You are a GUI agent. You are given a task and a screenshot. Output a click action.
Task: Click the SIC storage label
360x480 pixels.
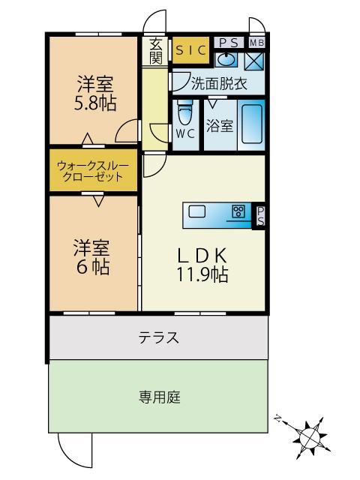(x=190, y=50)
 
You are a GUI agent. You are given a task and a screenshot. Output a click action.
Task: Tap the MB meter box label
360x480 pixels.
(x=256, y=43)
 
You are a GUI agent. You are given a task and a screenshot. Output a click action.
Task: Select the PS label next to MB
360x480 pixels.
(x=229, y=43)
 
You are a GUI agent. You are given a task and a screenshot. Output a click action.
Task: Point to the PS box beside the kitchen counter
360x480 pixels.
(x=260, y=216)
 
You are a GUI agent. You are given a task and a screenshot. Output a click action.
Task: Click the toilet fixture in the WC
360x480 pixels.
(x=185, y=113)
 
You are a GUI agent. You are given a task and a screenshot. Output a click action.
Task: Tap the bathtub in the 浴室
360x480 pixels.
(x=252, y=124)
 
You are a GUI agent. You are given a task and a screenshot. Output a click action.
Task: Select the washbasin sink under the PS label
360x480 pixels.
(x=226, y=59)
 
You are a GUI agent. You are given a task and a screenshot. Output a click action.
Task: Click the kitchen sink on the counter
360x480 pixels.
(x=196, y=211)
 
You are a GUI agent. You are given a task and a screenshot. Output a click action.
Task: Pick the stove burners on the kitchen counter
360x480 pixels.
(x=238, y=211)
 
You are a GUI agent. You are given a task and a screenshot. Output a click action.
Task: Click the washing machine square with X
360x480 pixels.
(x=254, y=61)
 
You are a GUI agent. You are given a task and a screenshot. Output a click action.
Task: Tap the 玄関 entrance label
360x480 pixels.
(x=156, y=52)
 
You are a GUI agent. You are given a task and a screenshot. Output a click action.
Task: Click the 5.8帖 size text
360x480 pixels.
(x=95, y=103)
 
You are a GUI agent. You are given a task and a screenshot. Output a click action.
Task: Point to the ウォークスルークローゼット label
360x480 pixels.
(x=93, y=171)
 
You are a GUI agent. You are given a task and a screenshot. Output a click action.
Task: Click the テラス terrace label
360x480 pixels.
(x=158, y=337)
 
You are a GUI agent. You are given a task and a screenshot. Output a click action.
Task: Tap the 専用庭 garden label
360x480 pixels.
(x=160, y=397)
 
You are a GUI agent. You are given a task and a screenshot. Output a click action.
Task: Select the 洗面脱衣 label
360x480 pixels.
(x=219, y=83)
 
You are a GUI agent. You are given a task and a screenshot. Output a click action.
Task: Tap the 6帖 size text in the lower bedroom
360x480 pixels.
(x=93, y=267)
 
